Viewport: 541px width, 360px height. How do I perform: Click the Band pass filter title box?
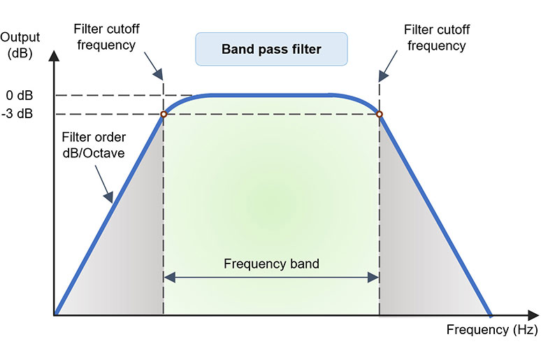click(270, 50)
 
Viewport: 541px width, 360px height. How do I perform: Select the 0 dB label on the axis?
click(20, 95)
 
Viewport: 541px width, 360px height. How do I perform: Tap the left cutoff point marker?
click(163, 114)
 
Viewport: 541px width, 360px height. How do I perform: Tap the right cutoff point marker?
click(379, 114)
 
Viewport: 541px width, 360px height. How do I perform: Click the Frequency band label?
click(271, 264)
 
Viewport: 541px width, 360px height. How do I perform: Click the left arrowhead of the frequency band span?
click(168, 278)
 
